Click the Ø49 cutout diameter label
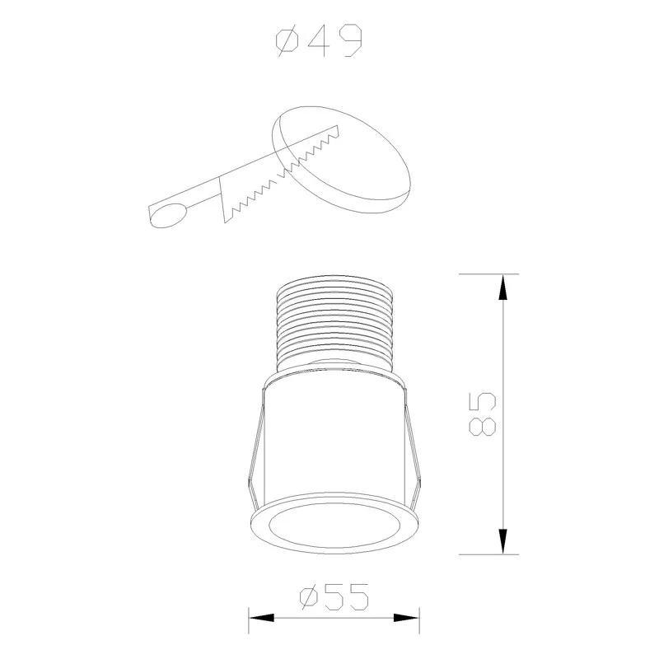[x=319, y=40]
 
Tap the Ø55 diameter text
[x=334, y=596]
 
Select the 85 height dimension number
[x=482, y=414]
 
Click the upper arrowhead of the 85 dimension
[x=502, y=287]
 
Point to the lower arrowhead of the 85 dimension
[x=502, y=541]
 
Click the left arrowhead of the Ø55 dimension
[x=261, y=618]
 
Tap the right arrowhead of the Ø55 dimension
[x=406, y=618]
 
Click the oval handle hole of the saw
[x=168, y=215]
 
